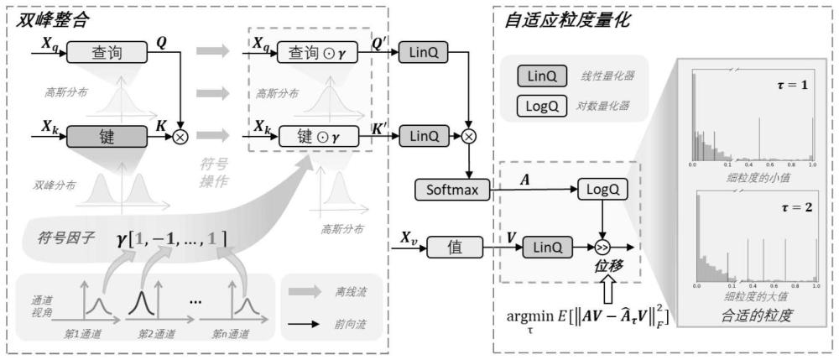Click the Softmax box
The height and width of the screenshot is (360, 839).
pyautogui.click(x=453, y=190)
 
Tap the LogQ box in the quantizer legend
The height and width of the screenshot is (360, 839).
pyautogui.click(x=536, y=107)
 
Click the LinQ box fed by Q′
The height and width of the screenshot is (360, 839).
pyautogui.click(x=424, y=52)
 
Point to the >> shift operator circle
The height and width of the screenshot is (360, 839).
pyautogui.click(x=602, y=248)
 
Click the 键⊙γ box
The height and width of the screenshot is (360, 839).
pyautogui.click(x=322, y=136)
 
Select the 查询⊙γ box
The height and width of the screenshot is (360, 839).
pyautogui.click(x=322, y=52)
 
